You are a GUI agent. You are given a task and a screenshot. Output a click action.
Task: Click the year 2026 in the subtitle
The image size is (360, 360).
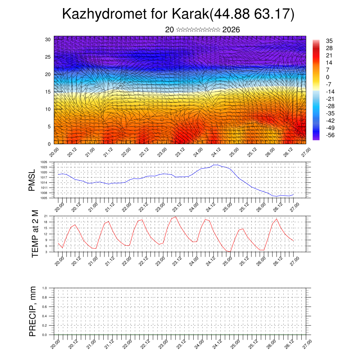point(231,30)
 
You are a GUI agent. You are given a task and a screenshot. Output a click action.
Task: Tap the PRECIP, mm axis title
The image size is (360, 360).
point(33,311)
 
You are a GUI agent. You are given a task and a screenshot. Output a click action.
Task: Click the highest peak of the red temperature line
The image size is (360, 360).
point(176,217)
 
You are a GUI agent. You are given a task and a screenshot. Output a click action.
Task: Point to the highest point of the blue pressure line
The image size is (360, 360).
point(215,165)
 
